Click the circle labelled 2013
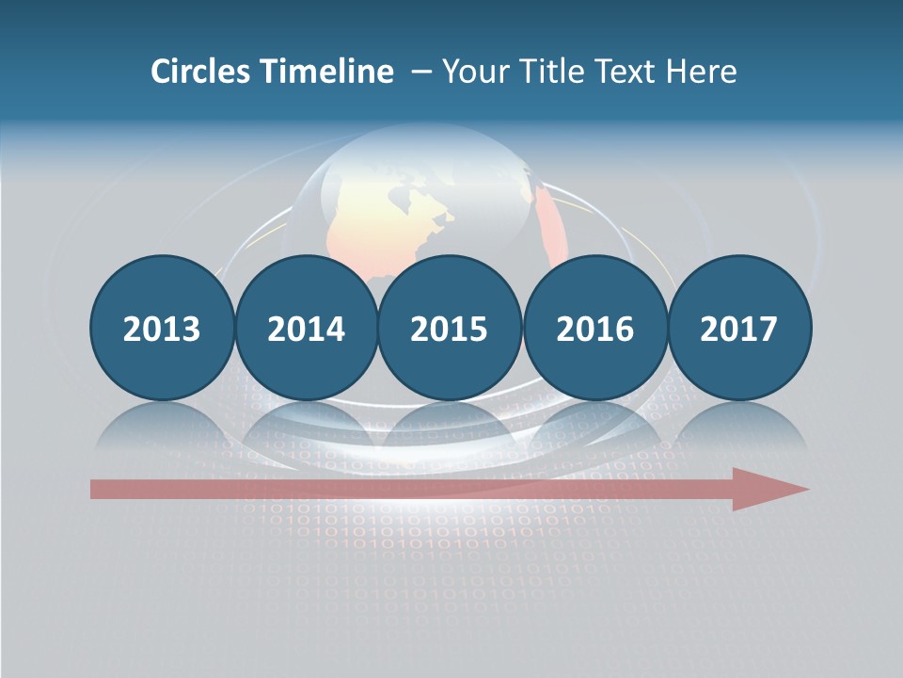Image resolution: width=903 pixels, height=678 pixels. pos(162,328)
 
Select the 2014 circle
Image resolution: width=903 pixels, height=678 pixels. pos(306,328)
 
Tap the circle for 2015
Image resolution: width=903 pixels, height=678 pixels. pos(450,328)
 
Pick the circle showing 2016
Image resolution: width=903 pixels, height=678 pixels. pos(594,328)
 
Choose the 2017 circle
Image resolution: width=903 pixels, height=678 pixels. pos(738,328)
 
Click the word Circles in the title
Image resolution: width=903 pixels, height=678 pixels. pos(200,72)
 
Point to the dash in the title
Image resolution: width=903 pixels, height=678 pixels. pos(420,73)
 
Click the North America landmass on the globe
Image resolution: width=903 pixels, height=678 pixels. pos(414,217)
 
